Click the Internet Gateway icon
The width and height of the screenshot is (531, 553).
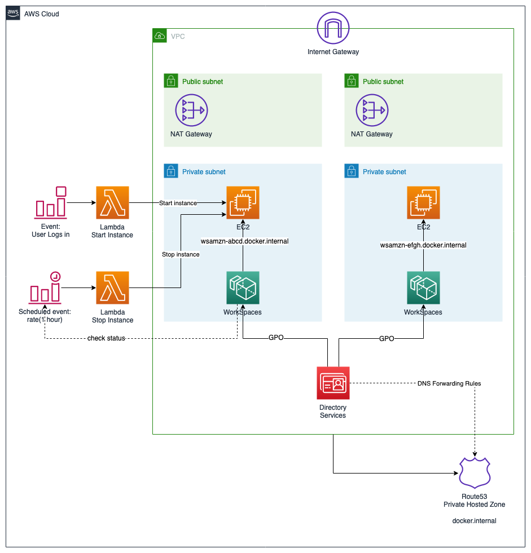pyautogui.click(x=333, y=28)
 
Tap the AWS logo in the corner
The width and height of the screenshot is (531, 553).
pyautogui.click(x=13, y=14)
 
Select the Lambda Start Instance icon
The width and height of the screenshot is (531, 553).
pyautogui.click(x=112, y=203)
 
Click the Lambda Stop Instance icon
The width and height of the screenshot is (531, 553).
pyautogui.click(x=112, y=288)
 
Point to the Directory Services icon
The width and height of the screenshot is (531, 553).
pyautogui.click(x=333, y=383)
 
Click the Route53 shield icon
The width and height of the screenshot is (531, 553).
pyautogui.click(x=475, y=472)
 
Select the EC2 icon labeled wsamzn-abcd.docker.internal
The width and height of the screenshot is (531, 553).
pyautogui.click(x=243, y=203)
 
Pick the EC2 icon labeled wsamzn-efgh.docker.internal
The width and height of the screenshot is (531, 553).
pyautogui.click(x=423, y=203)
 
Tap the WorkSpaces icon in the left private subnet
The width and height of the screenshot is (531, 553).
pyautogui.click(x=243, y=288)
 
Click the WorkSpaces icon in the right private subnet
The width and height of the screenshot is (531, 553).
pyautogui.click(x=423, y=288)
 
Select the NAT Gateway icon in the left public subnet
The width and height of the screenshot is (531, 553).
pyautogui.click(x=191, y=110)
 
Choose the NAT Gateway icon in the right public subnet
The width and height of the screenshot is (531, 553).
pyautogui.click(x=372, y=110)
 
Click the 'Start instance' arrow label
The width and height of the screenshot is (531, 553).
pyautogui.click(x=178, y=203)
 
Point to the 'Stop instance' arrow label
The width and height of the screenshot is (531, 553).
pyautogui.click(x=181, y=254)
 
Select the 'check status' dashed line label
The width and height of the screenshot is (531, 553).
pyautogui.click(x=106, y=338)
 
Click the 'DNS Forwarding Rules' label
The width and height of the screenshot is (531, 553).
pyautogui.click(x=449, y=383)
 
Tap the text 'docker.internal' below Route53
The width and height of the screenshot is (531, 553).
pyautogui.click(x=474, y=521)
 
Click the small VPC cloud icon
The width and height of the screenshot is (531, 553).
pyautogui.click(x=160, y=36)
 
